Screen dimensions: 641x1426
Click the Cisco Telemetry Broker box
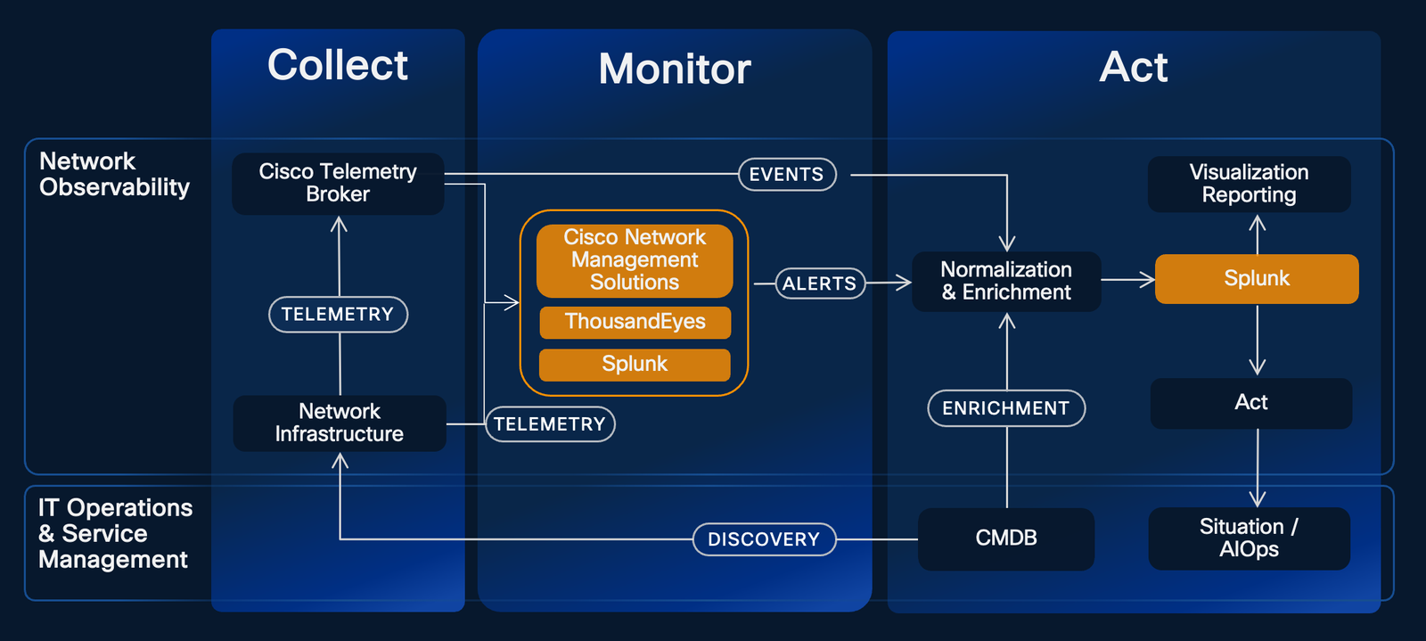(338, 184)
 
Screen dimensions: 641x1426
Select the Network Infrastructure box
(339, 423)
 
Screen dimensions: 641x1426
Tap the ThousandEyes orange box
(635, 322)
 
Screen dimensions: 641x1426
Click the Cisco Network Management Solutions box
(635, 260)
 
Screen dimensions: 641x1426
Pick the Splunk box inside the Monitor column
(635, 365)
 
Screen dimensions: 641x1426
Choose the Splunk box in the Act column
(1257, 279)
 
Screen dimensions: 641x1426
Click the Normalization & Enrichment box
(1006, 282)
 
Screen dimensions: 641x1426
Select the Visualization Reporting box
(1249, 185)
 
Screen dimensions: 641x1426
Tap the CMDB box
(1006, 538)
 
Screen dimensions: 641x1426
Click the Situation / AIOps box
(1249, 538)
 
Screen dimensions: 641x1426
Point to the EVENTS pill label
(787, 175)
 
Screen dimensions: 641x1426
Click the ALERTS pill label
(820, 284)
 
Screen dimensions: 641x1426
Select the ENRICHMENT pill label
(1006, 408)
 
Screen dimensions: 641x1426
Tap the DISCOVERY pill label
(764, 539)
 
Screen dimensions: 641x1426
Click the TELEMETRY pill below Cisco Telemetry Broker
(338, 315)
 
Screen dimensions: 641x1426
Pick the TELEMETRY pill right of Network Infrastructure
(550, 424)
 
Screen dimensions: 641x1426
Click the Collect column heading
(338, 65)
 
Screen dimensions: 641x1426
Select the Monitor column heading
(675, 69)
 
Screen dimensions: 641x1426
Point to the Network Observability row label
(114, 175)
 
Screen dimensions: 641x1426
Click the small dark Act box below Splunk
(1250, 403)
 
